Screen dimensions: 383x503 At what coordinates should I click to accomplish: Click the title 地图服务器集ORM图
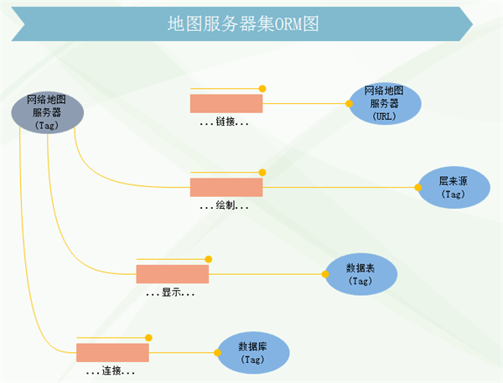243,23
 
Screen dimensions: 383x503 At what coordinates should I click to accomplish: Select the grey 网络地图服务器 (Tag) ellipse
46,111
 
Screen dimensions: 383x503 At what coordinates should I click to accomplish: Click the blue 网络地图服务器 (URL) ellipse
385,103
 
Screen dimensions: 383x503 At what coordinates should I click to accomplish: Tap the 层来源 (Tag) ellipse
452,187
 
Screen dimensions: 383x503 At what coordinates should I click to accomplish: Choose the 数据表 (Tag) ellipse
360,273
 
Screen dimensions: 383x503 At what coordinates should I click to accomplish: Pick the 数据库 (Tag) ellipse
251,352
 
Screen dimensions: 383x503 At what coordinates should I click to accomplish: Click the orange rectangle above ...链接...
226,103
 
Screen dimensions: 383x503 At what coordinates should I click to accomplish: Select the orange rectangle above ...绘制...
226,187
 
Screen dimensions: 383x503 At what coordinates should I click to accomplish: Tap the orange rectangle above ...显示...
172,274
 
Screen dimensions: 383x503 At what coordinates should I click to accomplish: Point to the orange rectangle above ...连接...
112,352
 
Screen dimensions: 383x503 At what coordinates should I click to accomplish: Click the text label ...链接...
225,122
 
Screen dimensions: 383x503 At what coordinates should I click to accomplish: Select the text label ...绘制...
225,205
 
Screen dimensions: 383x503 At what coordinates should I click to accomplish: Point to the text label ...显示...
171,293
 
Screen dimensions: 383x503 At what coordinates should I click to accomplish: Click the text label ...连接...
111,370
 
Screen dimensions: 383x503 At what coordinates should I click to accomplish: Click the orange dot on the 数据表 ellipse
325,273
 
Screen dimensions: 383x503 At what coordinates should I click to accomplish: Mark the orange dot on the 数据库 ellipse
217,353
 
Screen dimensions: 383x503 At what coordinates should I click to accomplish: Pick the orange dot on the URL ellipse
350,104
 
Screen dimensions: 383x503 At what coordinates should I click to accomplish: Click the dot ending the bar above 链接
262,88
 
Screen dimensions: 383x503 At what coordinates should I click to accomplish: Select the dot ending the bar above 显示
209,259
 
